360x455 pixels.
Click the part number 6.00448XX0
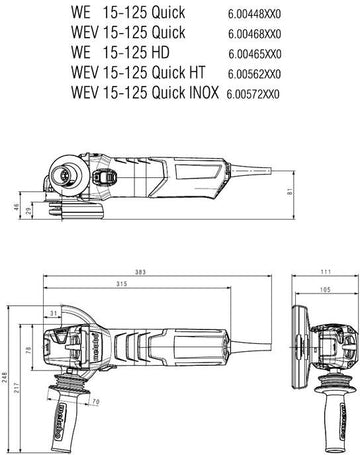254,14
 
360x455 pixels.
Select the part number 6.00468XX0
255,34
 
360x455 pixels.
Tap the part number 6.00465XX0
255,54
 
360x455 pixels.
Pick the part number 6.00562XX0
254,74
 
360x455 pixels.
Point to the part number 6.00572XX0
253,94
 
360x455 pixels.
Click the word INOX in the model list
204,92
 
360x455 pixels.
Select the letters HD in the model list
160,52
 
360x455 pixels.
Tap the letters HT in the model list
197,72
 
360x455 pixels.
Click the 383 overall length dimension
140,272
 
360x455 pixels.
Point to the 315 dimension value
122,284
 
